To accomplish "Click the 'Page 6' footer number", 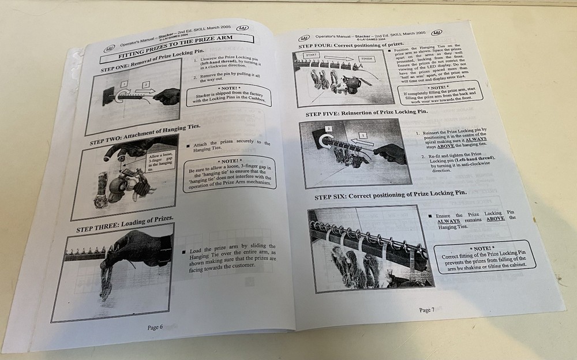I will click(155, 327).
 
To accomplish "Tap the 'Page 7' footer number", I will click(426, 310).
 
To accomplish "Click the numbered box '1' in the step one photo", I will click(124, 84).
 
